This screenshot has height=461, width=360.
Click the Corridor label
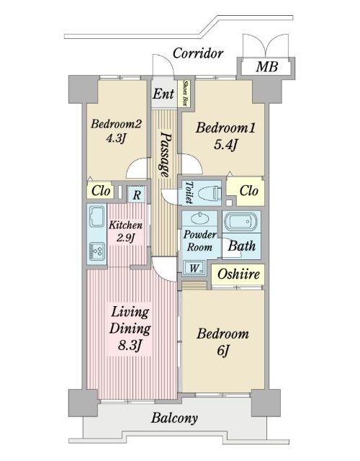[198, 53]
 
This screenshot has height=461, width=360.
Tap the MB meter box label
[266, 66]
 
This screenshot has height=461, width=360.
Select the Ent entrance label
[163, 94]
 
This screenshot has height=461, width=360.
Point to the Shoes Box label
[185, 93]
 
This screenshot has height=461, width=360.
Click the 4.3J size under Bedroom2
[116, 138]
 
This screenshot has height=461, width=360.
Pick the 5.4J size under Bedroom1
[225, 144]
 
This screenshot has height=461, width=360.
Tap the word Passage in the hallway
[165, 154]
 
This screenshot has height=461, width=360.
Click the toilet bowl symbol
[210, 194]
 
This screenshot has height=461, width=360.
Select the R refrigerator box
[136, 194]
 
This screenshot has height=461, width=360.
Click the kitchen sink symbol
[97, 217]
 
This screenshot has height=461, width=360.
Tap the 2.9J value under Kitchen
[125, 238]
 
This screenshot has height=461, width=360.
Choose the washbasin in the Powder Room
[199, 218]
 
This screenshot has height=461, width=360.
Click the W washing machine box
[194, 268]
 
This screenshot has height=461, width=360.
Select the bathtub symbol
[241, 222]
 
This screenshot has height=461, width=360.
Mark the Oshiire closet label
[238, 274]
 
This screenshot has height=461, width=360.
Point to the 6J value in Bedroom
[223, 350]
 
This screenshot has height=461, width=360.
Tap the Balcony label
[174, 418]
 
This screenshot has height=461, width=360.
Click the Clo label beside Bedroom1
[248, 191]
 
